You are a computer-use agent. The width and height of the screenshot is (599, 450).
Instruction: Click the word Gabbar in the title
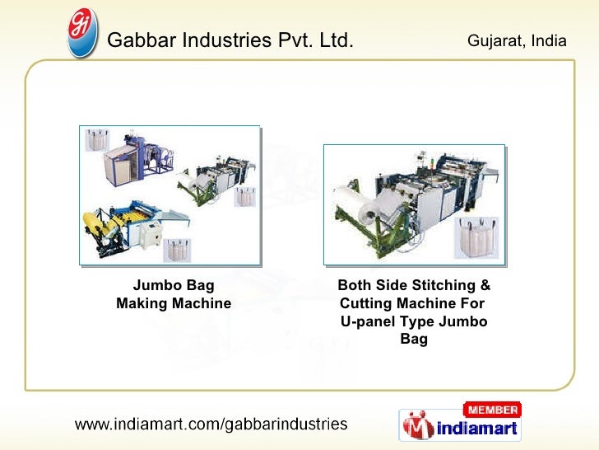point(141,39)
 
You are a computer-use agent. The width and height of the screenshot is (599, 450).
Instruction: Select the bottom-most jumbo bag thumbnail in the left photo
point(176,249)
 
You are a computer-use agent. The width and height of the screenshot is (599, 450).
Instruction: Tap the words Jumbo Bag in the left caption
point(174,286)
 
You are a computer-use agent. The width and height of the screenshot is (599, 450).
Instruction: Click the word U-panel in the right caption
point(367,321)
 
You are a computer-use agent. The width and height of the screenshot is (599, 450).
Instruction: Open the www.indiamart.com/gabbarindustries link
point(211,425)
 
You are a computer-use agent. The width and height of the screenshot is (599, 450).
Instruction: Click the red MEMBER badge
point(492,410)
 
